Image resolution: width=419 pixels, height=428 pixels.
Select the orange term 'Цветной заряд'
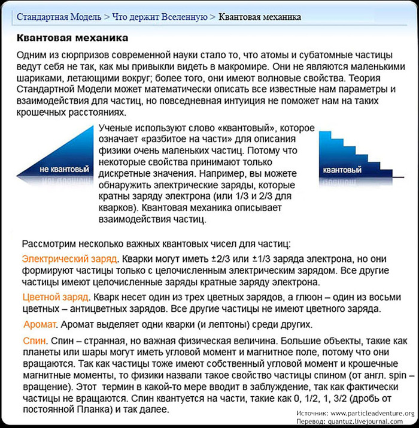(x=56, y=297)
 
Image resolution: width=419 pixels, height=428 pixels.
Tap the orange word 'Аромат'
(x=40, y=324)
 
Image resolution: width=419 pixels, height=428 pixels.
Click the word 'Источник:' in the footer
(x=312, y=414)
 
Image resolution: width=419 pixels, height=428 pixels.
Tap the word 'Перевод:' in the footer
(x=312, y=421)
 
